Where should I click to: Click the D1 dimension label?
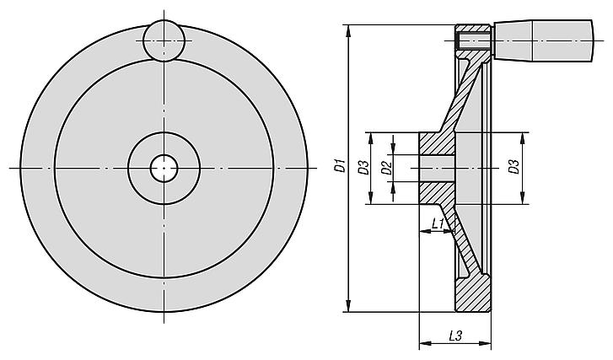coord(341,165)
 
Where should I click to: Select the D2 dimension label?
coord(386,168)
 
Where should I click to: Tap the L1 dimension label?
coord(438,223)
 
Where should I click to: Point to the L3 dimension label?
coord(455,336)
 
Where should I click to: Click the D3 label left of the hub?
coord(364,168)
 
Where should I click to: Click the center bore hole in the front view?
coord(164,168)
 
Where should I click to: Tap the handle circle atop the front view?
coord(164,40)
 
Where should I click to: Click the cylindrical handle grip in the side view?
coord(543,40)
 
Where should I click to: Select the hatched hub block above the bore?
coord(437,144)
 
